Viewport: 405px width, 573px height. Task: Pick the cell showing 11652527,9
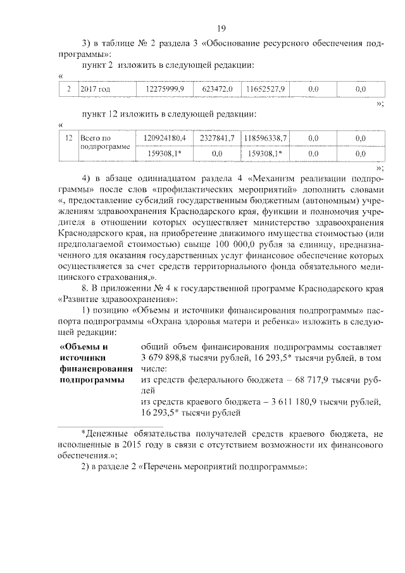(265, 89)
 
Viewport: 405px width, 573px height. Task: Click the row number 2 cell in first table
(68, 89)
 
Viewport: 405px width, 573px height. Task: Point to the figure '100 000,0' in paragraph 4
(258, 244)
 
